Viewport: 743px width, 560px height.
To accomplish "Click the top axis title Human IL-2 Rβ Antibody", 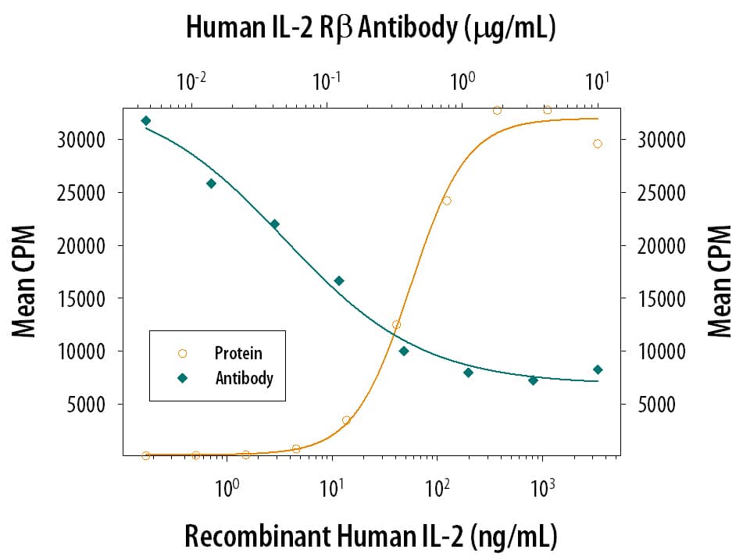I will (x=370, y=27).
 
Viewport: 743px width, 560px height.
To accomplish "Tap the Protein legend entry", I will (x=238, y=353).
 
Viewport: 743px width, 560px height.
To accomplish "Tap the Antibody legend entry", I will (x=243, y=378).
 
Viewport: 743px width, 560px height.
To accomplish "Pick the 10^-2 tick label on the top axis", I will (x=191, y=79).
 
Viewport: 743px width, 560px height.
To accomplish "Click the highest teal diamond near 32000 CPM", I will (x=146, y=120).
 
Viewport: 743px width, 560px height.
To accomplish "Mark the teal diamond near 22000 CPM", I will (x=274, y=224).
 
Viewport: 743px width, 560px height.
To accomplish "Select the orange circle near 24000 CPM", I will (x=447, y=201).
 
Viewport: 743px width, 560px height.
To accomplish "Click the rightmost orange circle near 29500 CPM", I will (x=598, y=144).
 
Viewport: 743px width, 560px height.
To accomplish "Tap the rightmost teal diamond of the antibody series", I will (x=598, y=369).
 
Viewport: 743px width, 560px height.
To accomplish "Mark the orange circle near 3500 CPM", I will (x=346, y=420).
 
